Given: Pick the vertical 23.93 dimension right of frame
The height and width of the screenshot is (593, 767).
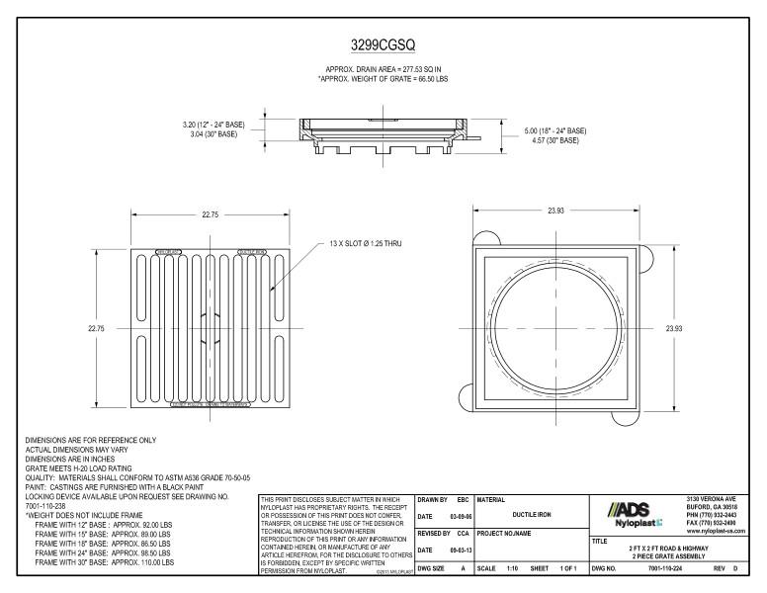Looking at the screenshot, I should pyautogui.click(x=673, y=327).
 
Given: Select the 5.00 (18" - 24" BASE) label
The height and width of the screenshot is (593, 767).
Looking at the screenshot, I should pyautogui.click(x=554, y=130).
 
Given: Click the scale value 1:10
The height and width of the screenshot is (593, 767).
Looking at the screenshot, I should pyautogui.click(x=511, y=569).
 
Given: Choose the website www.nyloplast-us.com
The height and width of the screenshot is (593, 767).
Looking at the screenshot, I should pyautogui.click(x=713, y=531).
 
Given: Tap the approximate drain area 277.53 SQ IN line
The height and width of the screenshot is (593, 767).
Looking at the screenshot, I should pyautogui.click(x=383, y=69).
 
